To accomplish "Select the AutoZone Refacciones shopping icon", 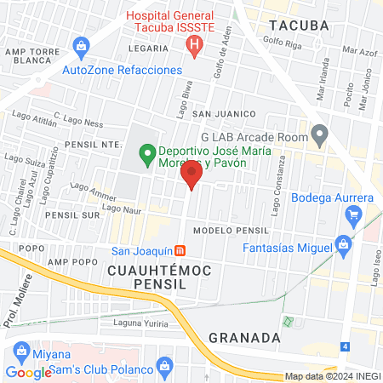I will coord(81,44).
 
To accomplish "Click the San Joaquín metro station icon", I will coord(180,251).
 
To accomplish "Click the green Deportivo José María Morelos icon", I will coord(147,155).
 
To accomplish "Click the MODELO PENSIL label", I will coord(231,231).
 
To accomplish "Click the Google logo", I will coord(28,372).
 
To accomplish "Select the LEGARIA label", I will coord(143,50).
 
